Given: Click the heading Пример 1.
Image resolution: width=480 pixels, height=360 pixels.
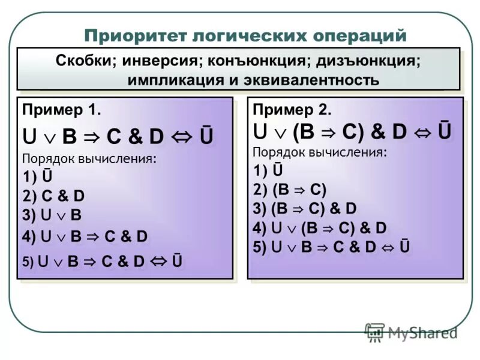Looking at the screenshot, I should click(61, 110).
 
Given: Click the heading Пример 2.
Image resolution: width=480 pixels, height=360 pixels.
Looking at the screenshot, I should click(292, 110).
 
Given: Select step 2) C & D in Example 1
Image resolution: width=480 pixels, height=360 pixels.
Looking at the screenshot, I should click(53, 196).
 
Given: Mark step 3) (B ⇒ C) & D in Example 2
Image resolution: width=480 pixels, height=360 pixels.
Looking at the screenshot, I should click(305, 209).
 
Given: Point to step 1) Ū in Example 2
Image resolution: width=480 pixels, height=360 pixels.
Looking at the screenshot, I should click(268, 171).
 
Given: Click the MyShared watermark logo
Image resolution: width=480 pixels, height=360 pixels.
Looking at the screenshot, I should click(411, 332).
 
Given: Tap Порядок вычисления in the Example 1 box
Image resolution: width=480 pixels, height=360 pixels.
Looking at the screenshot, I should click(89, 159).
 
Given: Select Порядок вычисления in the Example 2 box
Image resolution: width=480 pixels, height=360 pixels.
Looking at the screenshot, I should click(320, 152).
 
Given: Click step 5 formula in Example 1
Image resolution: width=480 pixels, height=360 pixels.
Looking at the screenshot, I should click(103, 261).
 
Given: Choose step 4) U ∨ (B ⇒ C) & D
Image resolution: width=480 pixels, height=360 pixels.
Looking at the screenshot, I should click(320, 228).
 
